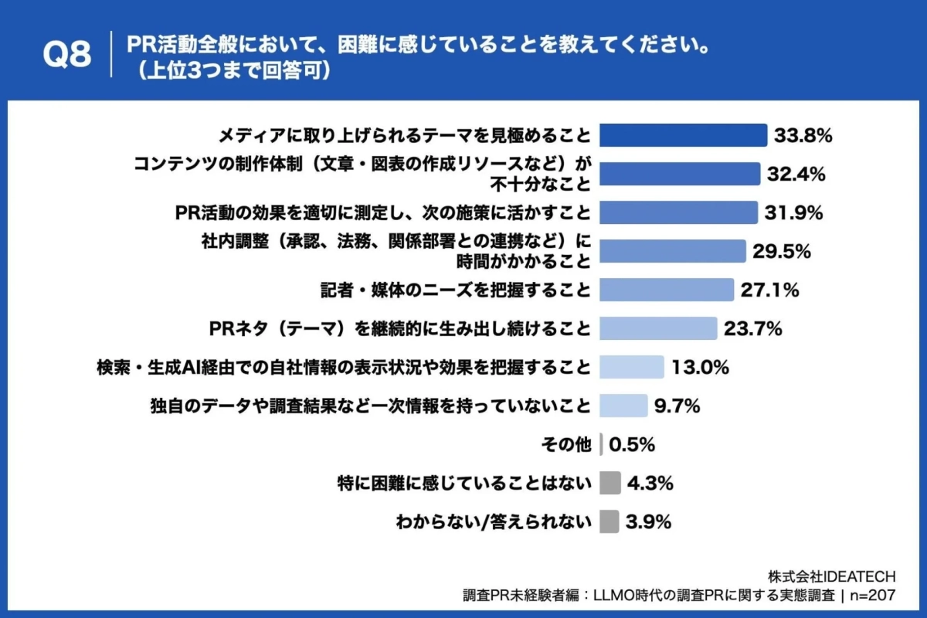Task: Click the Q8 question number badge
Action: pos(66,55)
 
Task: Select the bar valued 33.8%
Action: pos(683,135)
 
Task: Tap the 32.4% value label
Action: pos(796,174)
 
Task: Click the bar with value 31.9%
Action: pos(678,212)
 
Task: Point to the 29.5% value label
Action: pos(781,251)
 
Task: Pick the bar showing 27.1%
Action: pos(666,290)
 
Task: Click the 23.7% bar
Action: pos(658,328)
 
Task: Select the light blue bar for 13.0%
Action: pos(631,367)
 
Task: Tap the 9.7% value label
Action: pos(677,406)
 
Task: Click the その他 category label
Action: pos(567,444)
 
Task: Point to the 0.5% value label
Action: pos(632,444)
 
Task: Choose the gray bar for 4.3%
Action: pos(610,483)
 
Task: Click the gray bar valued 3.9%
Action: pos(609,521)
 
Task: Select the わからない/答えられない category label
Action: pos(493,521)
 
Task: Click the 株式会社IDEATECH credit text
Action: pos(831,576)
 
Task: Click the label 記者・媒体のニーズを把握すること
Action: pos(456,290)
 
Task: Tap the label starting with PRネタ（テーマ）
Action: pos(400,328)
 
